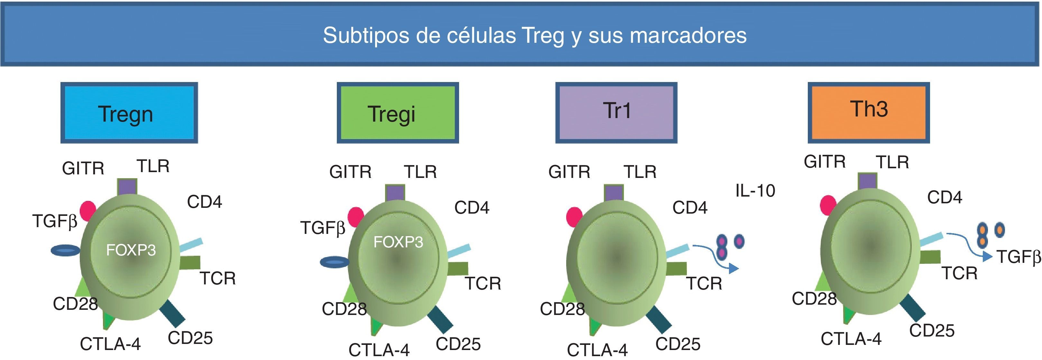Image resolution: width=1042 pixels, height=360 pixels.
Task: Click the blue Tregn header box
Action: coord(129,113)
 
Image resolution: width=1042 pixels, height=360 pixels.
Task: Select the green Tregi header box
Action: coord(398,113)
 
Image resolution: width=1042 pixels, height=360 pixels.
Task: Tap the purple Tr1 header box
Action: coord(616,113)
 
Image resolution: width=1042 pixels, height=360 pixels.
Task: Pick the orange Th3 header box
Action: coord(869,113)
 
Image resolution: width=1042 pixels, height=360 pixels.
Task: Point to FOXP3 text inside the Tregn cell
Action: coord(131,250)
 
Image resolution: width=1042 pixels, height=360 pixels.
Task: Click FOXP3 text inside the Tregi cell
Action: coord(398,242)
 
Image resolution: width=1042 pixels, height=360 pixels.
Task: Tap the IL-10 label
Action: coord(755,190)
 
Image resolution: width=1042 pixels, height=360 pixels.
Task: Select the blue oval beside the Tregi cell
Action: coord(334,262)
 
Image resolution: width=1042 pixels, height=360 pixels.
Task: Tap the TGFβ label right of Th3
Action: coord(1018,257)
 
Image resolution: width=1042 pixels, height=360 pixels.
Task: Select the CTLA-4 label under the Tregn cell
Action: coord(110,344)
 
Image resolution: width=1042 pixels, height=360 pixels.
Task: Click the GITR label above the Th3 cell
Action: coord(825,162)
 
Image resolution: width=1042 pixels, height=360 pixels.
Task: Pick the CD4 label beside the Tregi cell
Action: coord(472,208)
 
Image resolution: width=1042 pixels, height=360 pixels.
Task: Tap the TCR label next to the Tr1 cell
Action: coord(704,283)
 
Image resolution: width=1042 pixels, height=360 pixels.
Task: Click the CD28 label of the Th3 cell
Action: coord(814,299)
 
